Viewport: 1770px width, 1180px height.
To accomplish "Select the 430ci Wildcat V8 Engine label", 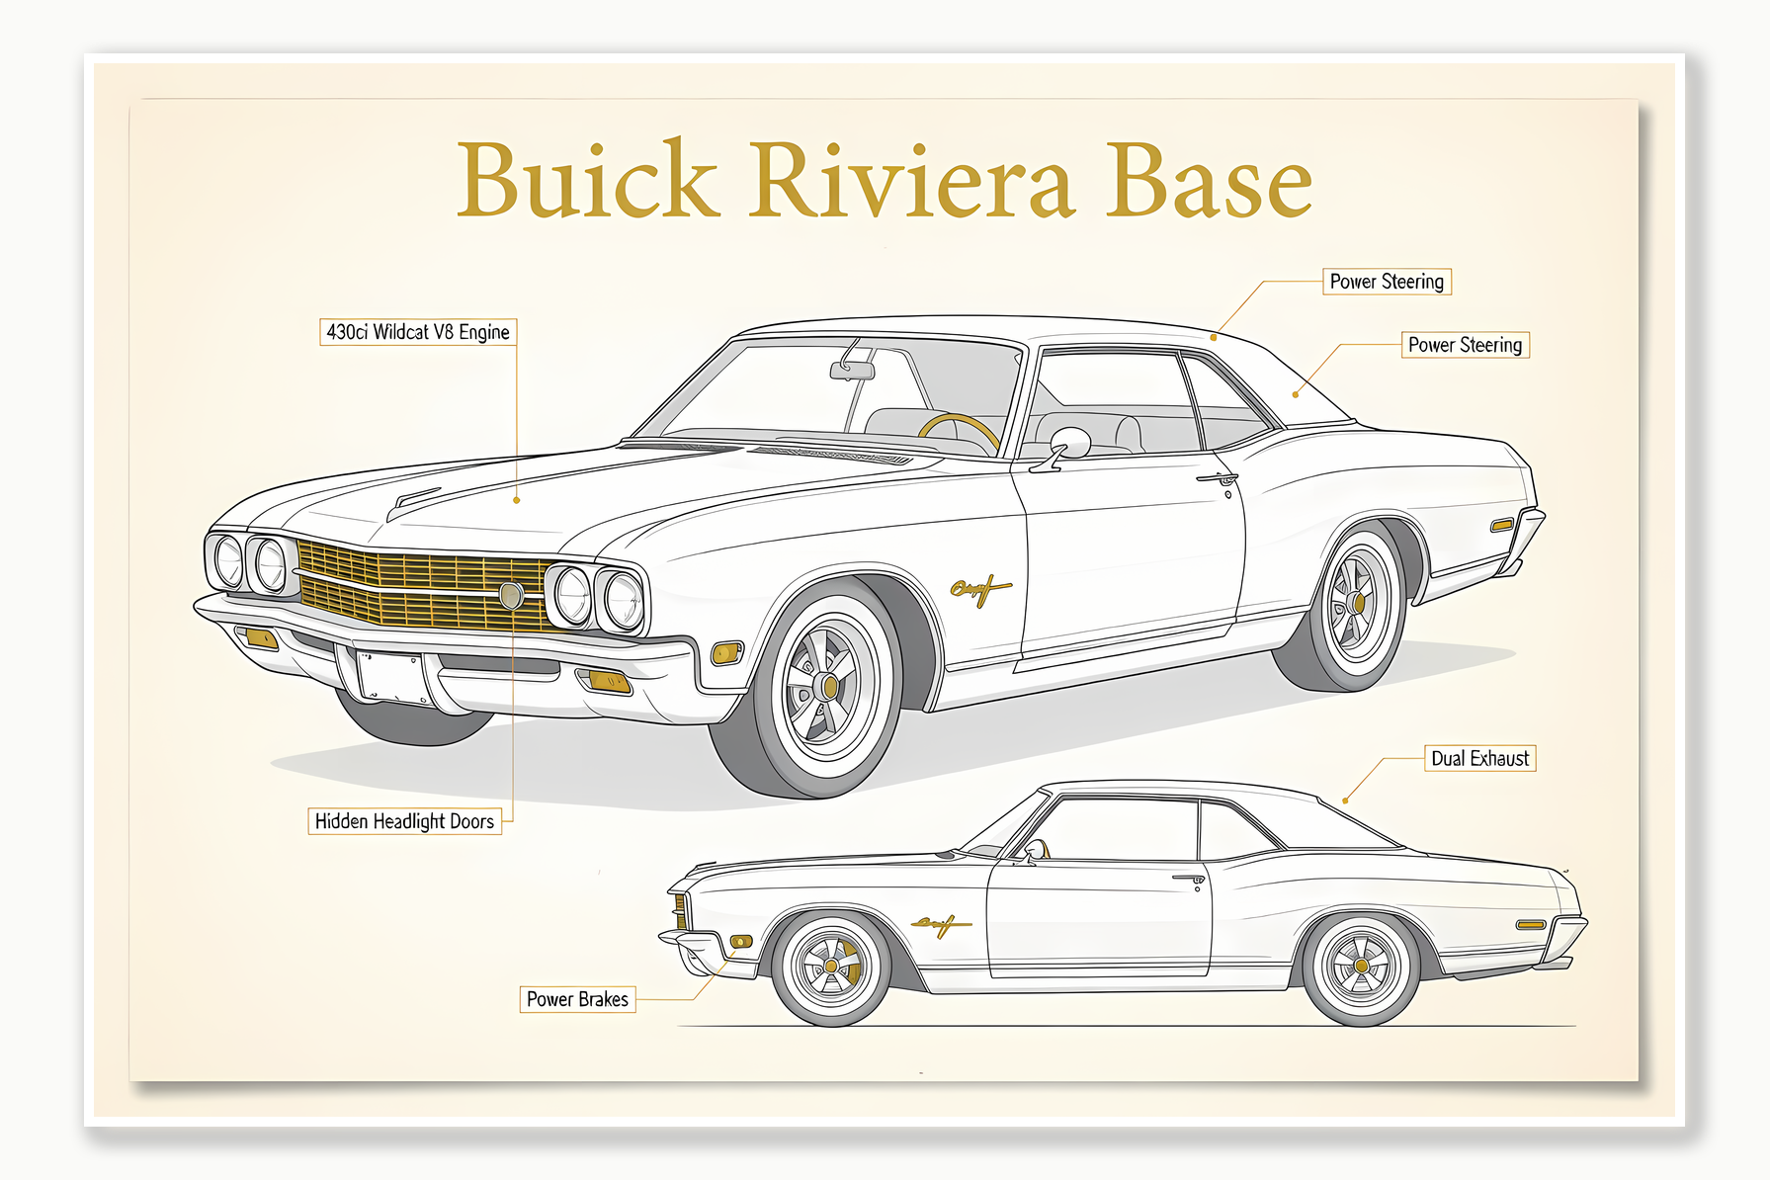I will pyautogui.click(x=418, y=332).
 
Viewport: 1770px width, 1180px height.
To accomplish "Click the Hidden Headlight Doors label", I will pyautogui.click(x=404, y=821).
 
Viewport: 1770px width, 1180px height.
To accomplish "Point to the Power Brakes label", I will pyautogui.click(x=577, y=999).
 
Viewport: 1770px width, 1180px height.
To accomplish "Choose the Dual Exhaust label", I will pyautogui.click(x=1479, y=758).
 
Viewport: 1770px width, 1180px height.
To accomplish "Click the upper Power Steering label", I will pyautogui.click(x=1387, y=282).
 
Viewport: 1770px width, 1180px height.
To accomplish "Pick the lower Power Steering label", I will pyautogui.click(x=1465, y=345).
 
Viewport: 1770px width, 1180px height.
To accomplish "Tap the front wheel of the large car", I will pyautogui.click(x=828, y=684).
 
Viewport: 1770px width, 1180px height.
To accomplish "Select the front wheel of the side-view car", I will pyautogui.click(x=831, y=966).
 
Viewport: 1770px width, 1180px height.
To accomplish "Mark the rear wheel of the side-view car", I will pyautogui.click(x=1361, y=967).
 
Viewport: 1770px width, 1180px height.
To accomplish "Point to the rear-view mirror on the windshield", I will pyautogui.click(x=852, y=371).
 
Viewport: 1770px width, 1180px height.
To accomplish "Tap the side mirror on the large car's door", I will pyautogui.click(x=1069, y=444).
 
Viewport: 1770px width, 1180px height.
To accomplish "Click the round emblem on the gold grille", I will pyautogui.click(x=511, y=595).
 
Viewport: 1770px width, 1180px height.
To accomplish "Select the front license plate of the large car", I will pyautogui.click(x=390, y=676).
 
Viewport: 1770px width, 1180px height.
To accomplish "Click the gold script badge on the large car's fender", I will pyautogui.click(x=979, y=590).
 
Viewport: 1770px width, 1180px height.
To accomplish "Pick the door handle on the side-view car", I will pyautogui.click(x=1190, y=879).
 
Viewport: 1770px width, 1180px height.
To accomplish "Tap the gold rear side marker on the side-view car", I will pyautogui.click(x=1530, y=925).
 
